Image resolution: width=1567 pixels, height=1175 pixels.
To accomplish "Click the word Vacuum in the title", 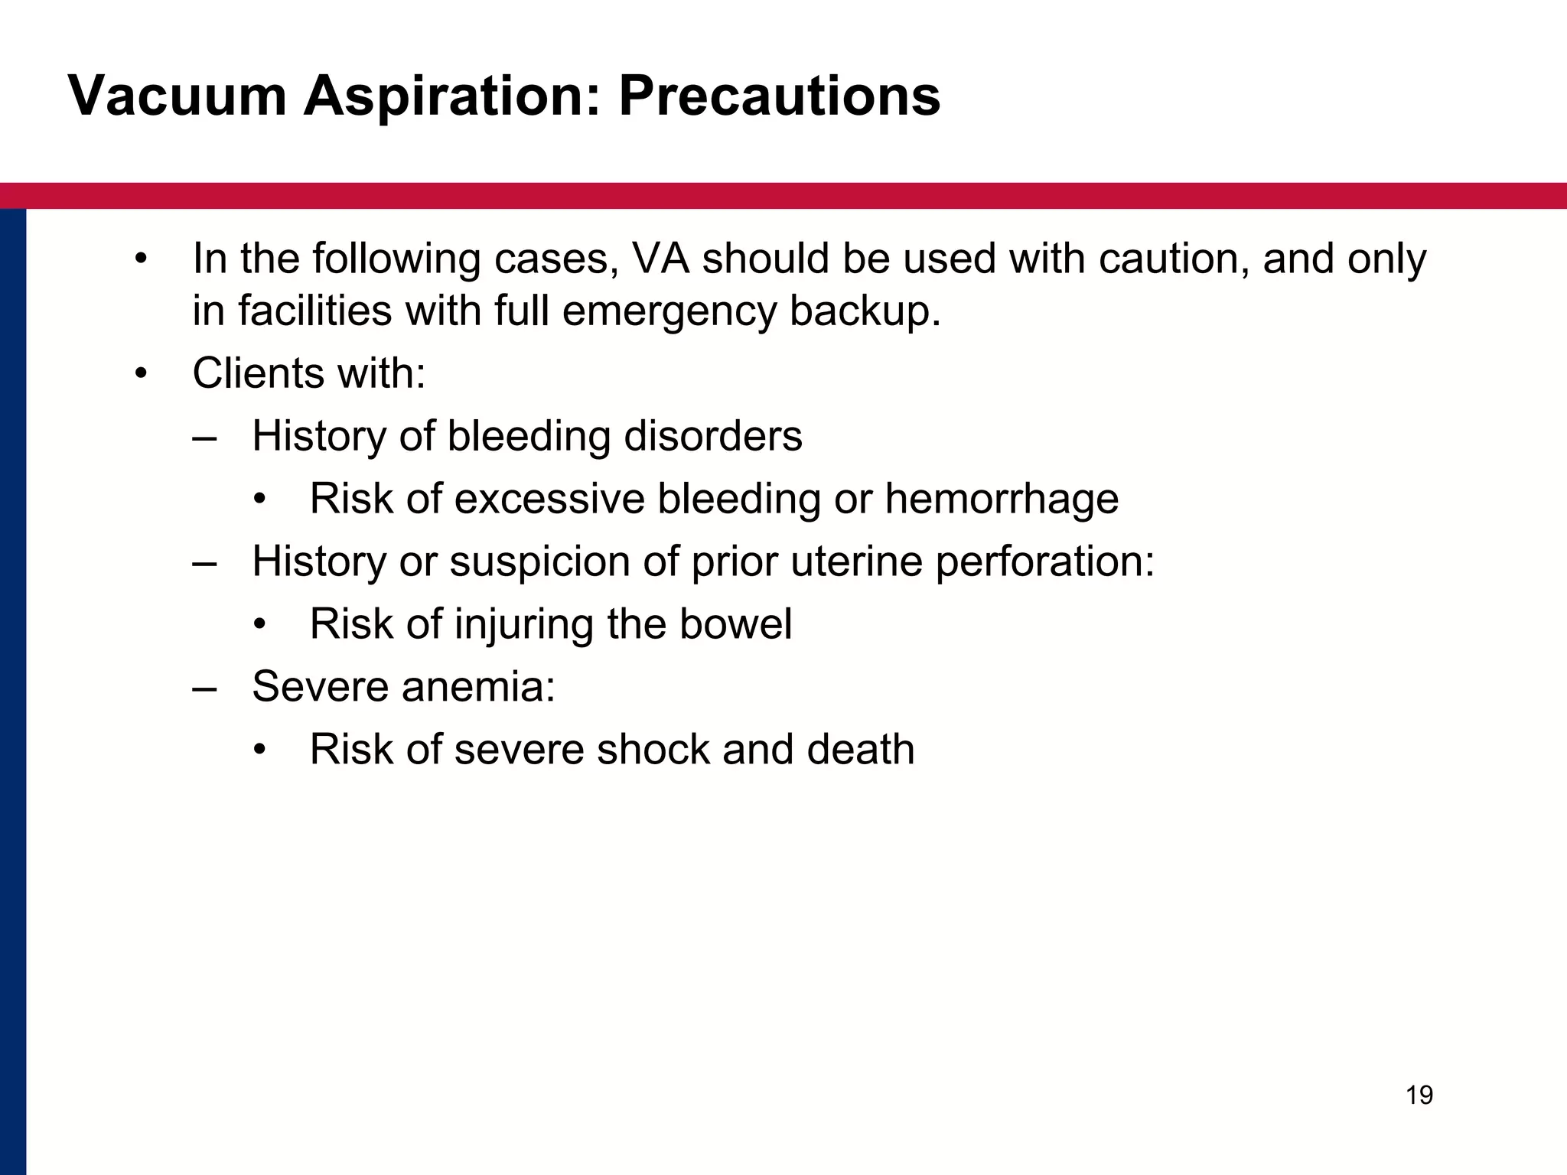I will click(177, 97).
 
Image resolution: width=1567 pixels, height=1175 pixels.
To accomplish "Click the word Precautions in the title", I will click(779, 97).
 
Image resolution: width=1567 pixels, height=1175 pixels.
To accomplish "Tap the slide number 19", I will click(1419, 1095).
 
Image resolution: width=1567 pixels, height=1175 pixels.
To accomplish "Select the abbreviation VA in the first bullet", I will click(662, 259).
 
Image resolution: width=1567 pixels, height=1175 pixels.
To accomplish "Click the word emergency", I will click(669, 312).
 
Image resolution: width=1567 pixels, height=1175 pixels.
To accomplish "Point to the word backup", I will click(865, 312).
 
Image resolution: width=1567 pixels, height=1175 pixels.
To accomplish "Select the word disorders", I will click(713, 436).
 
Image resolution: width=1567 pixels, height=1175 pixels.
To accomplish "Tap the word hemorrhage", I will click(1002, 499).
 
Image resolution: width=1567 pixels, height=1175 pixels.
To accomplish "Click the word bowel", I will click(735, 624).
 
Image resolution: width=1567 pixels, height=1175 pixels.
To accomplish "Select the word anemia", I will click(478, 686).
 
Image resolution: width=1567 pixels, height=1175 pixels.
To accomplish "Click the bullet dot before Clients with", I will click(140, 375).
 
